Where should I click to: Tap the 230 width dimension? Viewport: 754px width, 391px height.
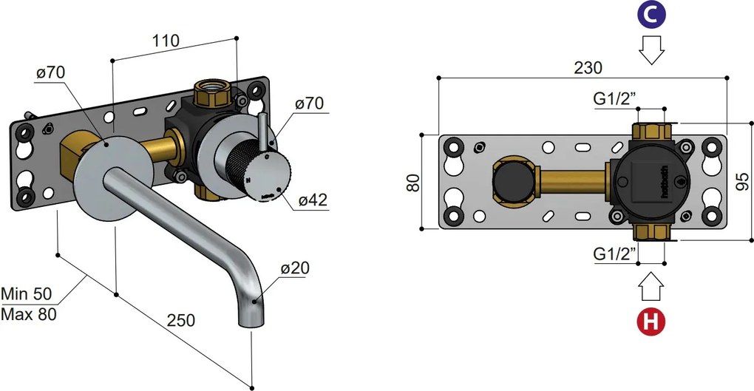click(x=588, y=67)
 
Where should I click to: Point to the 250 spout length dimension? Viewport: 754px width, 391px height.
click(x=180, y=320)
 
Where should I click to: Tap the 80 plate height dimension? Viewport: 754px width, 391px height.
click(x=415, y=182)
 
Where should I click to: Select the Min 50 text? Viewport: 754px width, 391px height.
click(x=28, y=293)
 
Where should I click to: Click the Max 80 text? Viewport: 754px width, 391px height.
click(x=28, y=313)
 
